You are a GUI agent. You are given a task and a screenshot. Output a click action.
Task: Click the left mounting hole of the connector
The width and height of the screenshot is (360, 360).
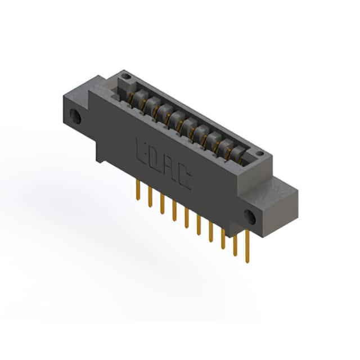point(75,116)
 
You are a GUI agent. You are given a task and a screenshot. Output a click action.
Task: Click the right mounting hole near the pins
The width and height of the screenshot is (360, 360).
point(250,217)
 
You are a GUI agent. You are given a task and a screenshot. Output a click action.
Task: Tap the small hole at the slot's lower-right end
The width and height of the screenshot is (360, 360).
point(260,153)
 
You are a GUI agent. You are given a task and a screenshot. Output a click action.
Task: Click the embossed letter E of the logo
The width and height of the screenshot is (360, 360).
point(141,151)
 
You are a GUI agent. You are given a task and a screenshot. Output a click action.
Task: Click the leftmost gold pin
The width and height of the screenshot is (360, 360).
point(138,190)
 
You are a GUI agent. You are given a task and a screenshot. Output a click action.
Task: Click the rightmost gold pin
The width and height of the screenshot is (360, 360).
point(247,246)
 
